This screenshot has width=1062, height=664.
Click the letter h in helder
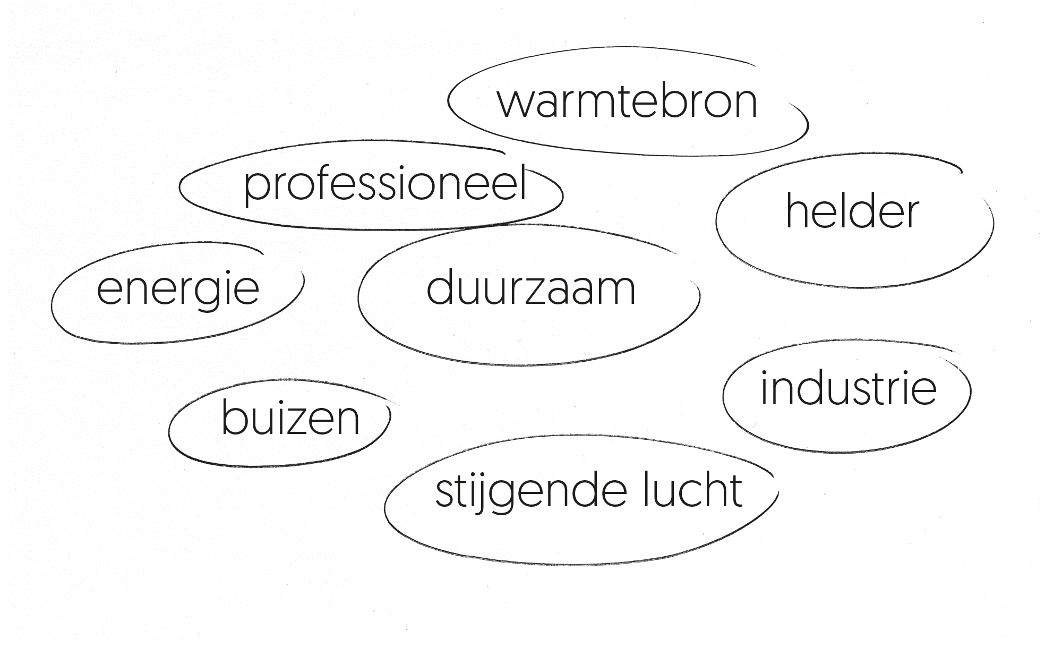(x=797, y=210)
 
